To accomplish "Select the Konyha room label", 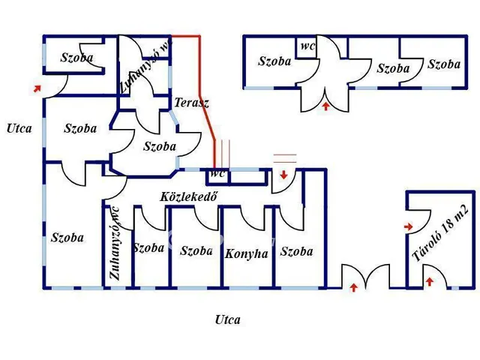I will [246, 253].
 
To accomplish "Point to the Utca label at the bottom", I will [227, 320].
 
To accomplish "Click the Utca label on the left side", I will [19, 128].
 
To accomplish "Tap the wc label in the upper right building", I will [307, 46].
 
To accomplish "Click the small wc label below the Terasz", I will [217, 173].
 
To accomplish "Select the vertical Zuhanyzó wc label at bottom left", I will [115, 243].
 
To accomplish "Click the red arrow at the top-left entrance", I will [36, 88].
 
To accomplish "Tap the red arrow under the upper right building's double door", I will [326, 107].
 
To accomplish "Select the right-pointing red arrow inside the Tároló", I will [409, 226].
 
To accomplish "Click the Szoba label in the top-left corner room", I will [77, 58].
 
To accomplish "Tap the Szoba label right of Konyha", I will [296, 252].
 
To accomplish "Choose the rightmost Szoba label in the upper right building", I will [443, 64].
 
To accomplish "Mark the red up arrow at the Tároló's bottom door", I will [430, 282].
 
